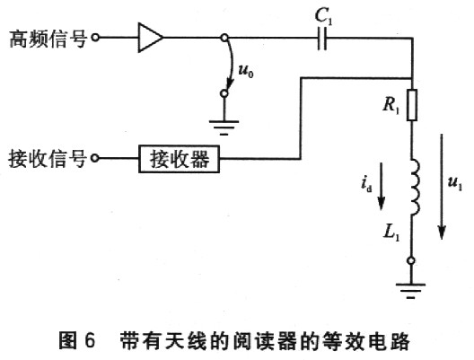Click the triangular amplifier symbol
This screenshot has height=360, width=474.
151,38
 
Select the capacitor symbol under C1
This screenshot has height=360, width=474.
322,39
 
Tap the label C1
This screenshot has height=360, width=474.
323,16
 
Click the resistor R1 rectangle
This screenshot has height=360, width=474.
412,105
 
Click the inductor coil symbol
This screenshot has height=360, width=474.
416,188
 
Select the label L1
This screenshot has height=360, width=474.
391,233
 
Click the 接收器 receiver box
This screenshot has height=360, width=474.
179,159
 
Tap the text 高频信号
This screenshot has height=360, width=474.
48,39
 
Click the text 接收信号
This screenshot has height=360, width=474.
48,159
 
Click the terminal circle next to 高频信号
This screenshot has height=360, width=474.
95,38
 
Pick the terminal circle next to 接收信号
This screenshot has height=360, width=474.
95,158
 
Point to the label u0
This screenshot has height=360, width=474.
246,71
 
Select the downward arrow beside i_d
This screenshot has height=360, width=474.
382,186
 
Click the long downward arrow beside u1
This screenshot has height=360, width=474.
442,187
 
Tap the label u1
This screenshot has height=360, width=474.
455,183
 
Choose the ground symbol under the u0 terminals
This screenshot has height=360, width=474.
224,127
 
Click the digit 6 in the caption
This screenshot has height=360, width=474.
90,340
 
